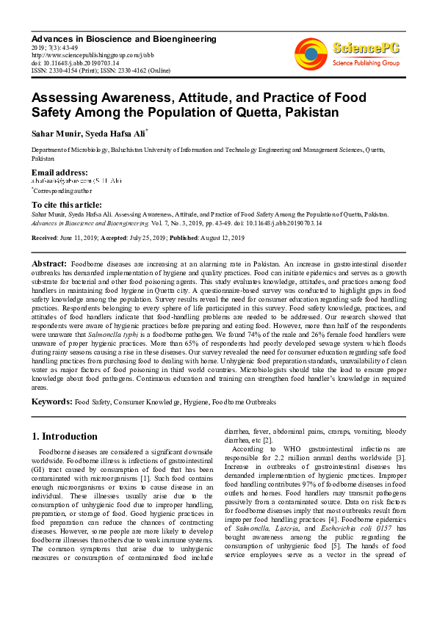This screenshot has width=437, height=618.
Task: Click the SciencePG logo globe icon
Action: pyautogui.click(x=311, y=54)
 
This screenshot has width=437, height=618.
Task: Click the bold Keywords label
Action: pyautogui.click(x=51, y=402)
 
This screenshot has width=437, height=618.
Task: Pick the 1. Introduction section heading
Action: pyautogui.click(x=65, y=436)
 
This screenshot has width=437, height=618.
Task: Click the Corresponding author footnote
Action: pyautogui.click(x=59, y=189)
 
